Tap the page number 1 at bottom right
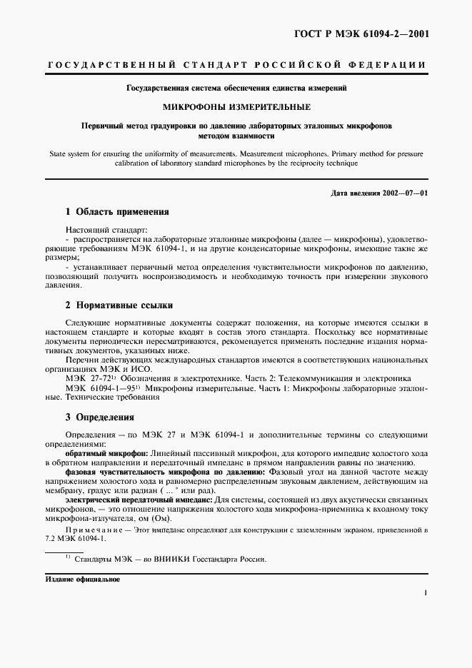coord(425,592)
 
